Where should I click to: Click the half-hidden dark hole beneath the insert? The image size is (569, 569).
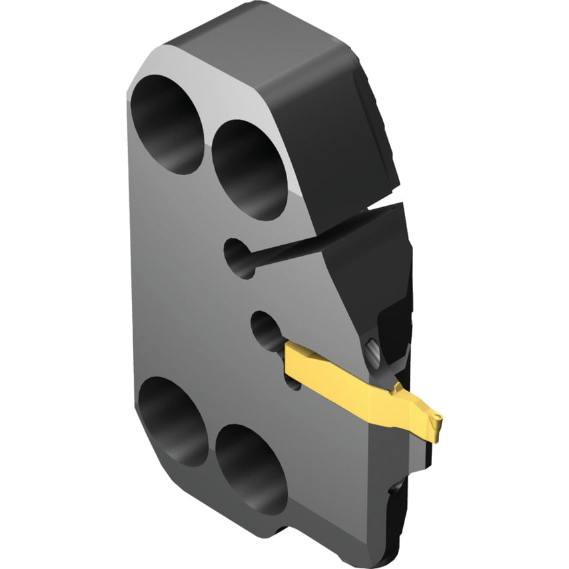coord(292,383)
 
